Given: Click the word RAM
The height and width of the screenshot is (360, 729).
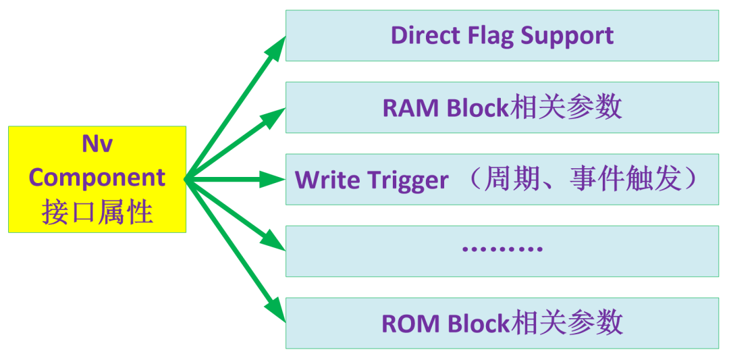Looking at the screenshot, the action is pyautogui.click(x=410, y=108).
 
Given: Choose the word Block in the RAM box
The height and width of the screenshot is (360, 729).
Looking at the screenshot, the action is pyautogui.click(x=478, y=107).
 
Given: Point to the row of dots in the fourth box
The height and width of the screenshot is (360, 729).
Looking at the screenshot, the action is pyautogui.click(x=502, y=249).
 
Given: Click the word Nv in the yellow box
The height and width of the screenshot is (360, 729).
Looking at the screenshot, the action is pyautogui.click(x=97, y=145).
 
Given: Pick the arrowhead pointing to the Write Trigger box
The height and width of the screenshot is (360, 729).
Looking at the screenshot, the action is pyautogui.click(x=272, y=179).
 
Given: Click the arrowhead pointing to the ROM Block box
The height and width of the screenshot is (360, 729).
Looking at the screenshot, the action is pyautogui.click(x=274, y=310).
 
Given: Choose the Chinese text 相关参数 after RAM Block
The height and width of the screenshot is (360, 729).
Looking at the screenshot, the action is pyautogui.click(x=566, y=108).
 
